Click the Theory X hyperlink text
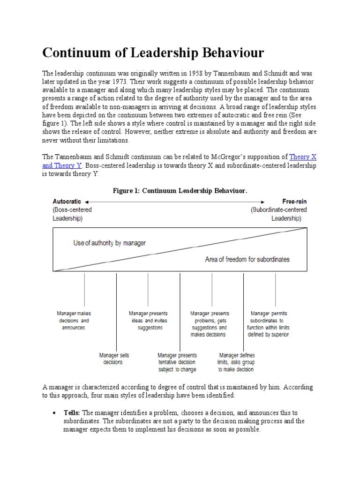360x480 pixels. [306, 157]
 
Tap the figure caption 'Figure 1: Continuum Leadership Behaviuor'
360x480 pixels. [180, 191]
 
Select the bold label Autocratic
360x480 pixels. [67, 202]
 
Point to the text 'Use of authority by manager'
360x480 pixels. [109, 243]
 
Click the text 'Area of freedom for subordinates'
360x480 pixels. [247, 259]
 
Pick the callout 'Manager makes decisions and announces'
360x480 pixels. [73, 321]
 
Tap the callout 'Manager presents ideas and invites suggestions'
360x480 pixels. [148, 321]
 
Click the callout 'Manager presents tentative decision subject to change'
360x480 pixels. [177, 362]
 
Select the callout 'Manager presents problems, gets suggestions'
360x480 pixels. [209, 324]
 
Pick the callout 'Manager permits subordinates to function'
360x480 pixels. [269, 324]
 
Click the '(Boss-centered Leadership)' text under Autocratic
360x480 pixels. [72, 214]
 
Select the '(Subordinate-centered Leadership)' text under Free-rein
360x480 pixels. [278, 214]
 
